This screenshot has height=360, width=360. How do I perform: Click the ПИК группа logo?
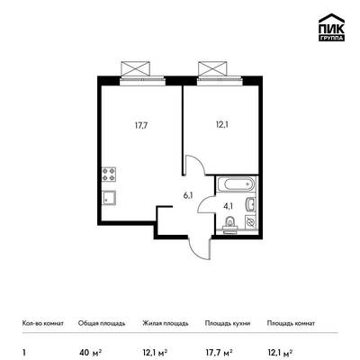pos(331,28)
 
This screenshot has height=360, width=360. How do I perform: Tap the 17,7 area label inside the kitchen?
pos(141,125)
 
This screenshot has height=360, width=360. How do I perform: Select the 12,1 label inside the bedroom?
pos(221,125)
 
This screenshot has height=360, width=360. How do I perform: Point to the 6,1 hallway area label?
pos(188,196)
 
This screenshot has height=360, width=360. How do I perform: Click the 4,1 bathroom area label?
pos(229,206)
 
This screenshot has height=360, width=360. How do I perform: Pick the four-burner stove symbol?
pos(109,174)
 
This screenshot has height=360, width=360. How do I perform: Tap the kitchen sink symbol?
pos(109,198)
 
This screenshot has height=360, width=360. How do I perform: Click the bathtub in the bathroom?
pos(237,184)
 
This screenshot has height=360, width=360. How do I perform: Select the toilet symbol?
pos(230,225)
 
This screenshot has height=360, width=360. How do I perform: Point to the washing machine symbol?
pos(251,222)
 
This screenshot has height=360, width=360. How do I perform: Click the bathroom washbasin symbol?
pos(251,204)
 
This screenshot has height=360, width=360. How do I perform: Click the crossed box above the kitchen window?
pos(135,68)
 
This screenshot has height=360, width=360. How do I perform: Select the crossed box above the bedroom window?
pos(212,68)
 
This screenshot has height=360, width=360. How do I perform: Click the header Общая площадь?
pos(102,323)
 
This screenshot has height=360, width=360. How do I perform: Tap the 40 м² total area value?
pos(90,351)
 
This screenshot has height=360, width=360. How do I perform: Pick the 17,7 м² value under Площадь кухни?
pos(219,351)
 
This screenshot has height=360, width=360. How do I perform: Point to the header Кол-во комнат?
pos(43,323)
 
